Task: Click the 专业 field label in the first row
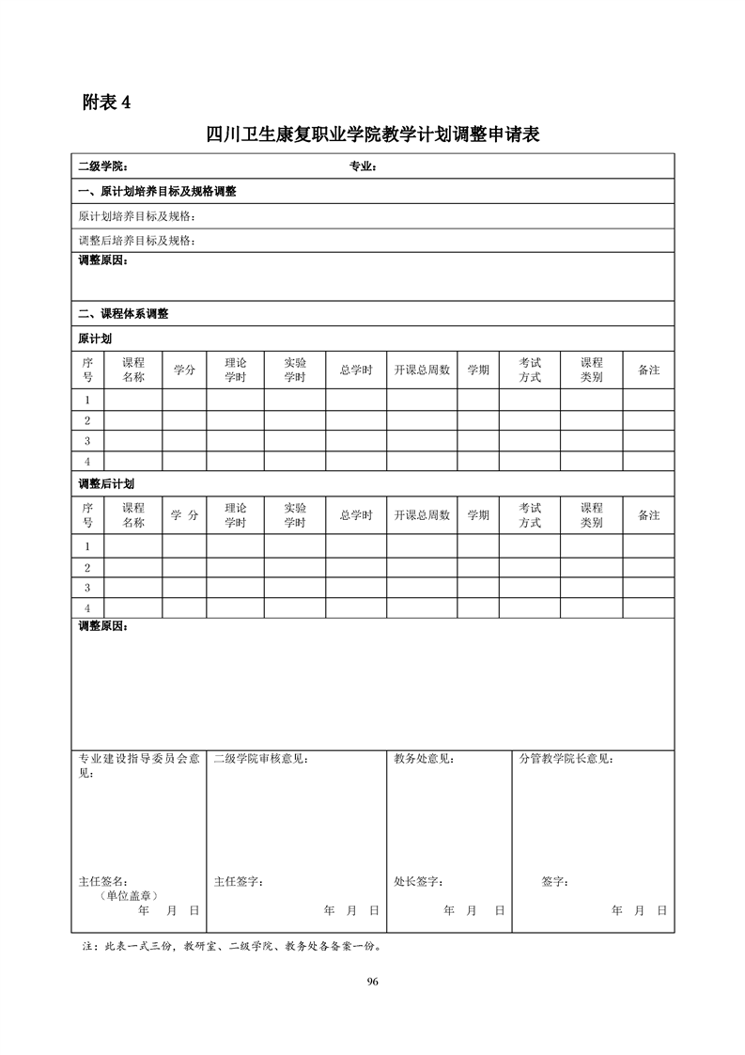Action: [363, 167]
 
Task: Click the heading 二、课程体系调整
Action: [122, 314]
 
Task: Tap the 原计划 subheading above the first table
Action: [94, 339]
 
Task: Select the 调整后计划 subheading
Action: [105, 484]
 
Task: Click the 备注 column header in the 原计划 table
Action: [648, 370]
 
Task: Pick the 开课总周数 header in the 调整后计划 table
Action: [422, 515]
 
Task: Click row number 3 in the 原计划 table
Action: [87, 441]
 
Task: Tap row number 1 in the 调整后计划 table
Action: [87, 546]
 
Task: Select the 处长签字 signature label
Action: [419, 882]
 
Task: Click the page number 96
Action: [372, 982]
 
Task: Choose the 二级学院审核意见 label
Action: [260, 759]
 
